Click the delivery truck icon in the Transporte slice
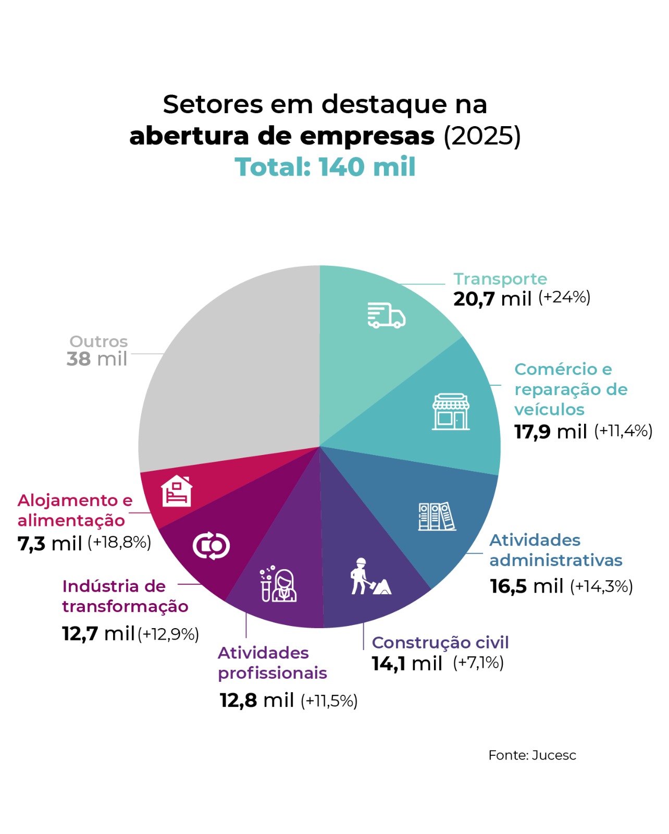click(386, 315)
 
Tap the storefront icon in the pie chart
click(451, 412)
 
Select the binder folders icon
click(437, 517)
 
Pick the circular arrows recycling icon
click(211, 546)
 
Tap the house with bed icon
click(177, 491)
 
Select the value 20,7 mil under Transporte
click(492, 299)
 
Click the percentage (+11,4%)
click(623, 431)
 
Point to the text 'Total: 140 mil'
click(325, 167)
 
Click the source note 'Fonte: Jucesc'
click(532, 755)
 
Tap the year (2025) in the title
click(482, 136)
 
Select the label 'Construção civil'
click(440, 642)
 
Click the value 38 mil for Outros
click(97, 359)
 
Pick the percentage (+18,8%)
click(119, 543)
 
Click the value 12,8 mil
click(256, 700)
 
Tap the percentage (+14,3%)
click(601, 586)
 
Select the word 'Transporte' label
click(500, 279)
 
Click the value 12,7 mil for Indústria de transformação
click(98, 634)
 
